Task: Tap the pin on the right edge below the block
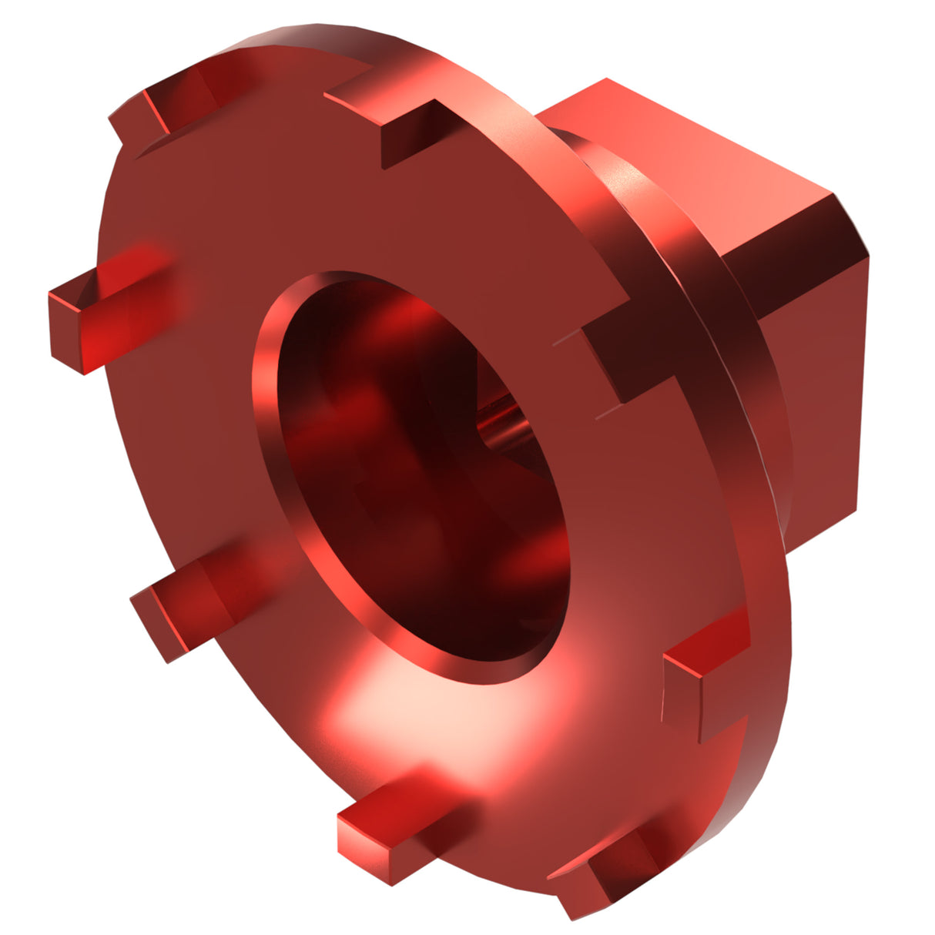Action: coord(701,678)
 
